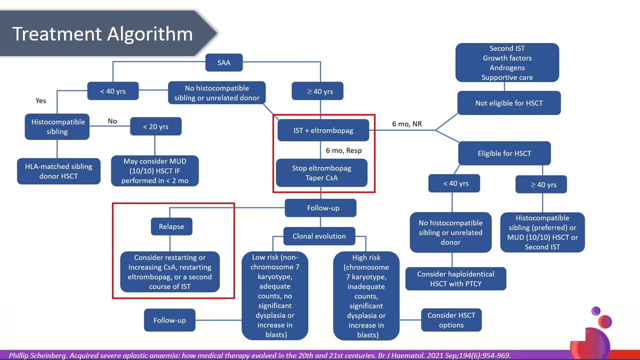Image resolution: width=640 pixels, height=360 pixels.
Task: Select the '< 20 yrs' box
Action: point(155,126)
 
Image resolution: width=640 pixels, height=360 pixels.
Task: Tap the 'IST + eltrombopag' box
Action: point(323,130)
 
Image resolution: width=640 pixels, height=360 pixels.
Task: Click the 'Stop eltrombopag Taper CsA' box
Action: point(321,172)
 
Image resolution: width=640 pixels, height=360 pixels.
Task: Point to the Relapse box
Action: point(171,226)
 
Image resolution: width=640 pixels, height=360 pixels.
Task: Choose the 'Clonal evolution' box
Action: point(319,236)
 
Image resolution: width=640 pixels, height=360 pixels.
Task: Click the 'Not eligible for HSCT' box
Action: point(509,103)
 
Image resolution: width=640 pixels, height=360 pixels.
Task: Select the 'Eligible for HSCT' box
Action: point(504,153)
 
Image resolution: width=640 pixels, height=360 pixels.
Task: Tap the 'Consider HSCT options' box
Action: point(451,320)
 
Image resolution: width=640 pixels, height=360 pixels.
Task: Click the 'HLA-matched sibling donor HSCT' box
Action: point(58,171)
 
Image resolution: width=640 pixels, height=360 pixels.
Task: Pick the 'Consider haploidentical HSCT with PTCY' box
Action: point(455,279)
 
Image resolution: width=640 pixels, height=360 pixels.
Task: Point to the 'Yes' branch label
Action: point(40,100)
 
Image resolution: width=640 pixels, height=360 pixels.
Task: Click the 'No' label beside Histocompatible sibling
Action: point(112,121)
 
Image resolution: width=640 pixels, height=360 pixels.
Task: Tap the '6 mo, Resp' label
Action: point(343,150)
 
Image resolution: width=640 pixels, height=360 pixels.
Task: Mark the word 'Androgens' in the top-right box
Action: point(507,67)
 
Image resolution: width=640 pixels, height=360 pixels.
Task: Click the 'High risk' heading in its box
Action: point(366,257)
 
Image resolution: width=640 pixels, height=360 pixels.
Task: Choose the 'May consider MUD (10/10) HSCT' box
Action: point(154,171)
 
